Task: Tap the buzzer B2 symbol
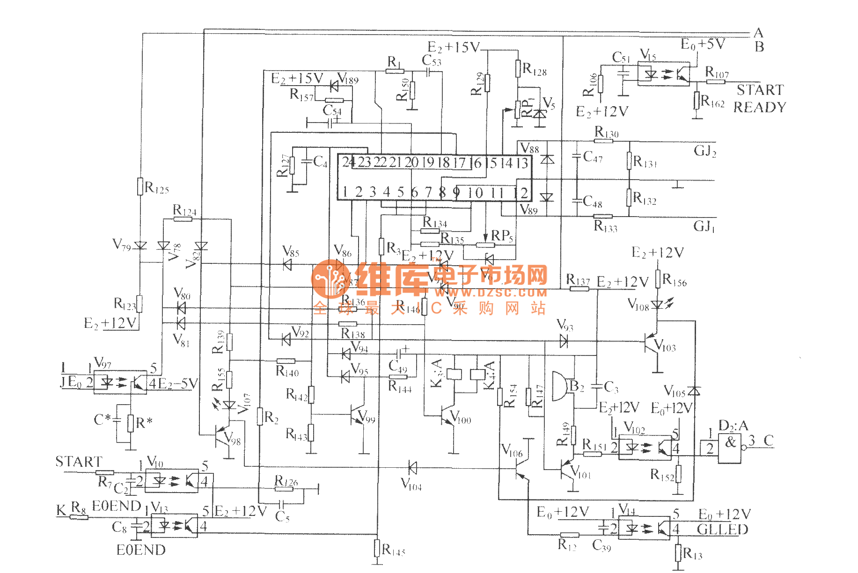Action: (x=559, y=386)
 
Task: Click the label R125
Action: (x=156, y=188)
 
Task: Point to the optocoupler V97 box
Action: (x=120, y=382)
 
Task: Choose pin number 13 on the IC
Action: (x=522, y=163)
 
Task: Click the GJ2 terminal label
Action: (x=705, y=151)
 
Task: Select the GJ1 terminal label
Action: (x=704, y=227)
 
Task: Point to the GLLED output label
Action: (x=722, y=529)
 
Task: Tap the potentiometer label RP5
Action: (x=502, y=236)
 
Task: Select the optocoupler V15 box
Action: (x=663, y=74)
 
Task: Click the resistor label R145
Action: (x=393, y=550)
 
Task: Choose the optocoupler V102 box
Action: (x=645, y=448)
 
